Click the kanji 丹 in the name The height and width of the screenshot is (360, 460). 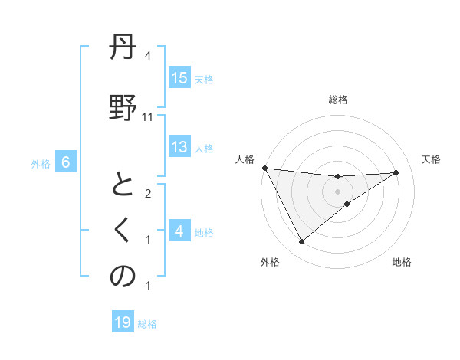pyautogui.click(x=123, y=52)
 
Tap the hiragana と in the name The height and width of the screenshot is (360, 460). pyautogui.click(x=123, y=187)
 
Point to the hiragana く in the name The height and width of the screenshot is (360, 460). pyautogui.click(x=123, y=231)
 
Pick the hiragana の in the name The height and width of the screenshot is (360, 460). pyautogui.click(x=123, y=277)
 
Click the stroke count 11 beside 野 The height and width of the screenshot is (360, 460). pyautogui.click(x=148, y=117)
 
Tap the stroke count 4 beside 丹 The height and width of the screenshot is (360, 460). pyautogui.click(x=148, y=56)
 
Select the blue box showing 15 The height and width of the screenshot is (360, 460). pyautogui.click(x=179, y=78)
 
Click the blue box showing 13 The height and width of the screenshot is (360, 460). pyautogui.click(x=179, y=147)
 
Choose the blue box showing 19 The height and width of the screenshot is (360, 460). pyautogui.click(x=123, y=322)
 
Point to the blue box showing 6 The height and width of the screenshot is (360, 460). pyautogui.click(x=66, y=162)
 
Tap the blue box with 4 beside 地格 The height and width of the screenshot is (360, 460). pyautogui.click(x=179, y=231)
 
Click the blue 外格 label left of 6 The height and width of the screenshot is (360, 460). pyautogui.click(x=41, y=163)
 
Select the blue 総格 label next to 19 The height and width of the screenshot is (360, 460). pyautogui.click(x=147, y=324)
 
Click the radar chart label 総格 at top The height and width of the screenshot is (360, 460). pyautogui.click(x=338, y=100)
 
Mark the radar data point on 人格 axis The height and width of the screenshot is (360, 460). pyautogui.click(x=265, y=168)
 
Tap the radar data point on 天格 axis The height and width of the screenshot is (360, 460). pyautogui.click(x=396, y=172)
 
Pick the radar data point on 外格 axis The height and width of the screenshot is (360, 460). pyautogui.click(x=301, y=242)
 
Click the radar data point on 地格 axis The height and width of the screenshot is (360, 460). pyautogui.click(x=347, y=204)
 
